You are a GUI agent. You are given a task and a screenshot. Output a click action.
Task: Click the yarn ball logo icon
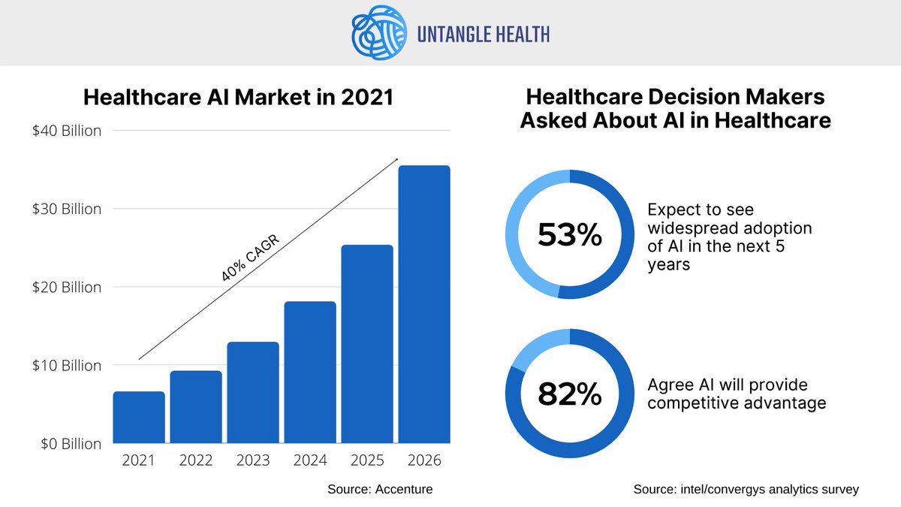[378, 32]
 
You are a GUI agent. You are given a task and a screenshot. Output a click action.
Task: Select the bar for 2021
[139, 418]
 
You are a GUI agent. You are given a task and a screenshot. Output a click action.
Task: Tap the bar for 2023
[253, 393]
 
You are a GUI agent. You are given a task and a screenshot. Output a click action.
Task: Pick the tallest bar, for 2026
[424, 304]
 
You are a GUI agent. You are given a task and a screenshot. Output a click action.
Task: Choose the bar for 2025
[367, 344]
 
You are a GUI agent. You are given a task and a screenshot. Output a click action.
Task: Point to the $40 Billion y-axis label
[68, 131]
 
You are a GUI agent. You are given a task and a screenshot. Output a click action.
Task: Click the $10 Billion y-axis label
[68, 366]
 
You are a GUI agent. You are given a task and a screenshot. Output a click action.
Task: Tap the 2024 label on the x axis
[310, 460]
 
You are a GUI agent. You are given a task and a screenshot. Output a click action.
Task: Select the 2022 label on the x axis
[196, 460]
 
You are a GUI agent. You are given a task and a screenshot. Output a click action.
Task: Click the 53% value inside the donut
[570, 235]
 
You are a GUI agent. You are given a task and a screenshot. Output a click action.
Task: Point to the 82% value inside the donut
[570, 394]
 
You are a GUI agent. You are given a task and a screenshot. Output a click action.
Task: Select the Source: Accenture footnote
[380, 489]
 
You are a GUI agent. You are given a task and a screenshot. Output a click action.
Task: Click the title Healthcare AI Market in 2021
[238, 98]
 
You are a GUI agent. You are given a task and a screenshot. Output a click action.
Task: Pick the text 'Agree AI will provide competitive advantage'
[737, 394]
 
